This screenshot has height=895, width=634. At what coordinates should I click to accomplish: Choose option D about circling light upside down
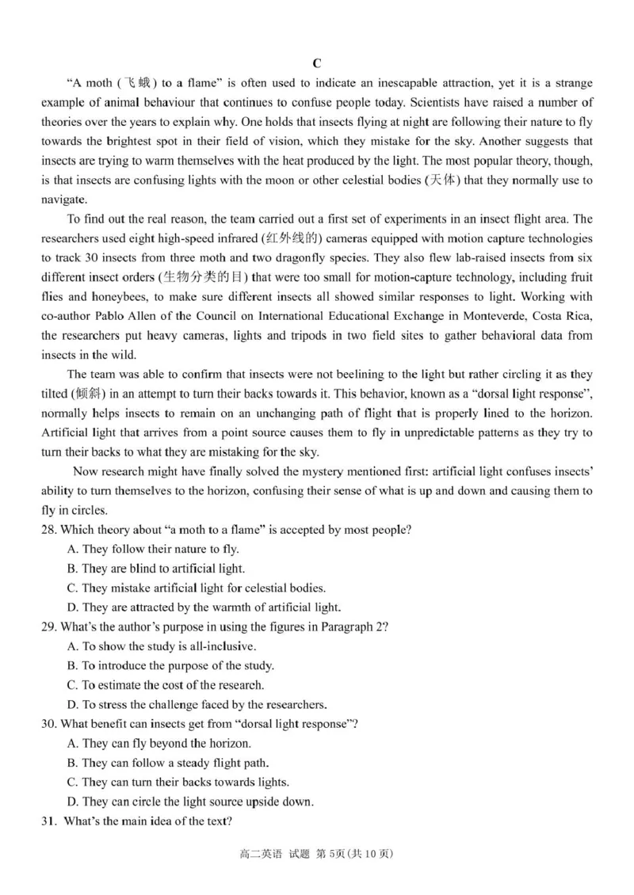click(190, 801)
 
